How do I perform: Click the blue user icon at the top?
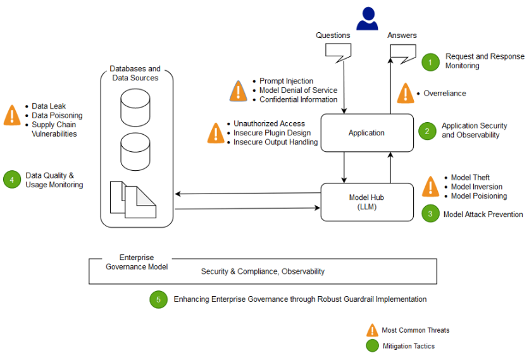pyautogui.click(x=367, y=18)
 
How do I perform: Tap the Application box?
pyautogui.click(x=367, y=133)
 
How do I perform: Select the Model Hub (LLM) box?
pyautogui.click(x=367, y=202)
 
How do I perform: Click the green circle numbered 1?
pyautogui.click(x=430, y=61)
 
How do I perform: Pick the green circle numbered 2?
pyautogui.click(x=427, y=131)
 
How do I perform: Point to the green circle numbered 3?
pyautogui.click(x=430, y=214)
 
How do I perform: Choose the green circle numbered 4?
pyautogui.click(x=11, y=180)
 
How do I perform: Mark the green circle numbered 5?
pyautogui.click(x=158, y=299)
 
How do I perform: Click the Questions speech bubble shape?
pyautogui.click(x=337, y=54)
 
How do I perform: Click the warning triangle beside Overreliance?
pyautogui.click(x=406, y=93)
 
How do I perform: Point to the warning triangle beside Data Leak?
pyautogui.click(x=12, y=115)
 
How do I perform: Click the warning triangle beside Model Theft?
pyautogui.click(x=430, y=187)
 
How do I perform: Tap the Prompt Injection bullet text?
pyautogui.click(x=286, y=81)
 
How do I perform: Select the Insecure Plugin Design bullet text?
pyautogui.click(x=271, y=133)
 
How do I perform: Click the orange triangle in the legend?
pyautogui.click(x=372, y=330)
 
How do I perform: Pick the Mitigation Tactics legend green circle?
pyautogui.click(x=372, y=346)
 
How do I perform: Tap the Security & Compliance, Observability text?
pyautogui.click(x=263, y=271)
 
